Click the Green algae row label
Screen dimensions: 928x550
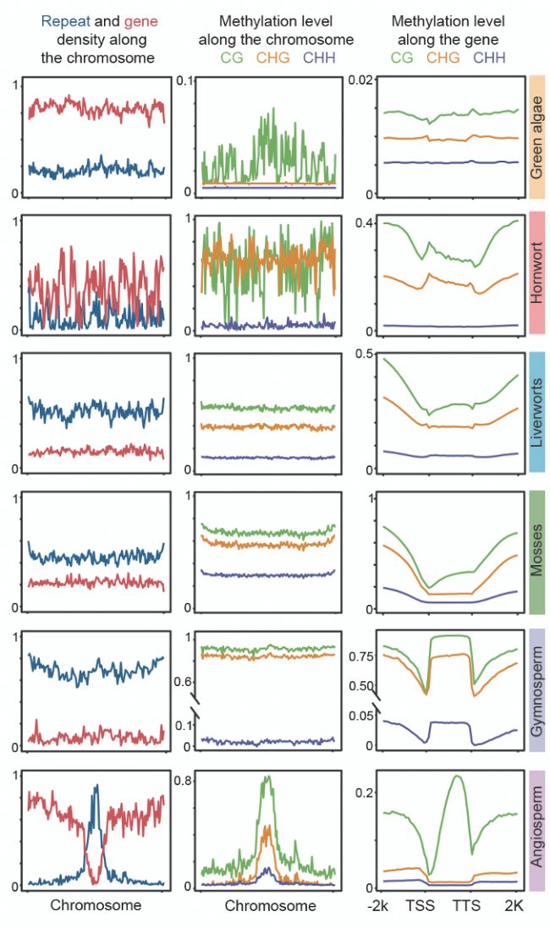536,135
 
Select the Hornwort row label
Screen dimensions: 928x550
536,273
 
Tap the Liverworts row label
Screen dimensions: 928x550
536,411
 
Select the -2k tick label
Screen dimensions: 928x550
378,905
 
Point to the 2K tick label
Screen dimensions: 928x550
516,905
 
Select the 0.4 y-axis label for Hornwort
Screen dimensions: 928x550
363,222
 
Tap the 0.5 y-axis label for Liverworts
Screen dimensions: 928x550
364,354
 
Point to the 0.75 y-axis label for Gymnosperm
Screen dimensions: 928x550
360,656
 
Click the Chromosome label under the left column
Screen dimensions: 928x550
96,905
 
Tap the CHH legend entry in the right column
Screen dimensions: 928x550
489,58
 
